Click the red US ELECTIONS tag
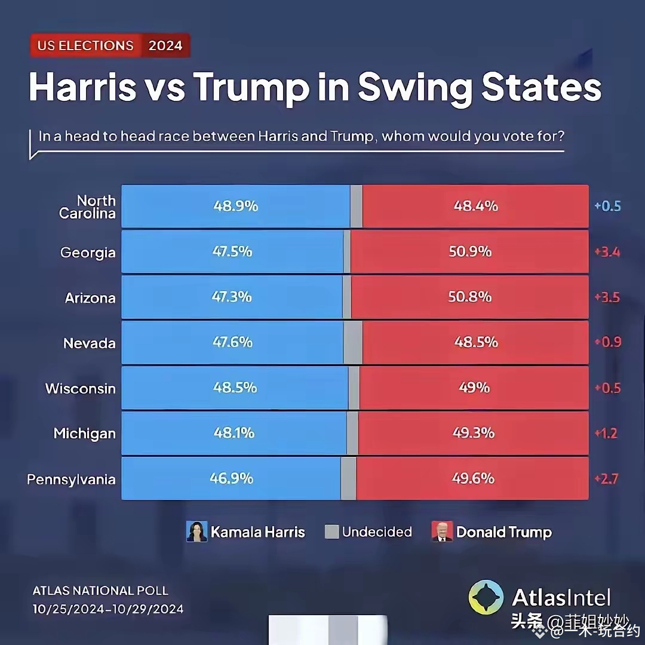85,46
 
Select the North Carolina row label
87,207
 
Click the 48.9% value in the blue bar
235,206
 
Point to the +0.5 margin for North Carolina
607,207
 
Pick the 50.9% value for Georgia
470,251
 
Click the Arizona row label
90,297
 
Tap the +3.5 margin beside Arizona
607,297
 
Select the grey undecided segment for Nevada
353,343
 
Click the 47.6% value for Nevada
232,342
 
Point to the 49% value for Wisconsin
474,388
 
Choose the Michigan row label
85,434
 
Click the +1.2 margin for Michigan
606,434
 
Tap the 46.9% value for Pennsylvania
231,478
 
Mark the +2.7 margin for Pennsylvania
606,479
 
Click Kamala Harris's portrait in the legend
196,532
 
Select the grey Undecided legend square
331,532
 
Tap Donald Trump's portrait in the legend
442,532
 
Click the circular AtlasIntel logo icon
486,597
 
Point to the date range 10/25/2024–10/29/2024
108,610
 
